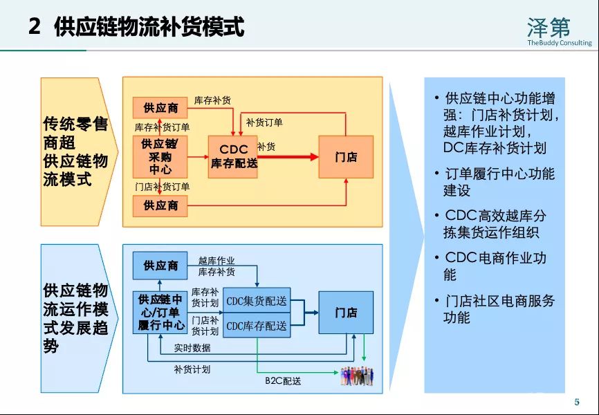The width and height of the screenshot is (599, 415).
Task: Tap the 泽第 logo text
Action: [x=549, y=27]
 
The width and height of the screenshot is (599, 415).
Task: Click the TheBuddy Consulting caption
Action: [x=559, y=43]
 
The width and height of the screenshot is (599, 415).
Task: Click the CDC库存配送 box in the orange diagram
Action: [x=233, y=157]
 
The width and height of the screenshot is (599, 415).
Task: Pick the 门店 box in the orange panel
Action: [x=346, y=157]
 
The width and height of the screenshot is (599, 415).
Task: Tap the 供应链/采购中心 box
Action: [x=160, y=157]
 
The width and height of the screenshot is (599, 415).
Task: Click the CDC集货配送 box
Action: [x=257, y=302]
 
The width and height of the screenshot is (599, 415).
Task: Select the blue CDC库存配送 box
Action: [x=257, y=325]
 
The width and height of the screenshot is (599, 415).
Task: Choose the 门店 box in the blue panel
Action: [x=346, y=313]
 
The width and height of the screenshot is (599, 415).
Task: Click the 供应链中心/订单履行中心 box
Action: [x=160, y=313]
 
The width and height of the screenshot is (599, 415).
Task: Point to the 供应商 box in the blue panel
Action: [x=160, y=266]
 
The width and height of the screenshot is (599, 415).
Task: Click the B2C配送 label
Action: [x=283, y=381]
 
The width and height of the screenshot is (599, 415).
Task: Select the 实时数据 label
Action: [x=192, y=348]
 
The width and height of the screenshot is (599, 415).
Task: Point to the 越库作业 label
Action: [x=216, y=261]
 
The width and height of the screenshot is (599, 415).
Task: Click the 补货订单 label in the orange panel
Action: [x=264, y=122]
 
